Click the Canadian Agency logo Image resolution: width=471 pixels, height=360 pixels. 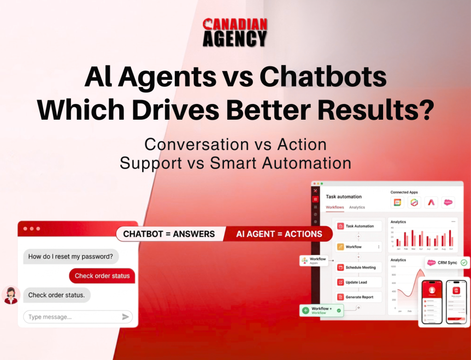(235, 32)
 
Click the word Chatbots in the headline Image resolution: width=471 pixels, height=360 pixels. (323, 78)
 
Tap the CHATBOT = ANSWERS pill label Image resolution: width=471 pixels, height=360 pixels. (169, 234)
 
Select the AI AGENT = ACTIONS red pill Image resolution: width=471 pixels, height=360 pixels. (279, 234)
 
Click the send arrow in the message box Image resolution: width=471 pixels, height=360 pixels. (125, 317)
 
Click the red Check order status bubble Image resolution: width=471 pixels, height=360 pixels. (102, 276)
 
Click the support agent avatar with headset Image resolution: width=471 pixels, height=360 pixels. (10, 295)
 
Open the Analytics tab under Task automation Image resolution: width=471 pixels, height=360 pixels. (357, 207)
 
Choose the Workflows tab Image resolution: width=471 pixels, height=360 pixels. (335, 207)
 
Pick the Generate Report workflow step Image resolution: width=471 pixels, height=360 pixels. (359, 297)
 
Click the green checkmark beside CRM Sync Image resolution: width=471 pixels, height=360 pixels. (464, 262)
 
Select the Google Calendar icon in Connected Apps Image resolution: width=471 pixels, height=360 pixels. (397, 202)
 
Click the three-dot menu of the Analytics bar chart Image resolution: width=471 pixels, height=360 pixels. (454, 221)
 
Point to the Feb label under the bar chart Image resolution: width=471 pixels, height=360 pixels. (405, 249)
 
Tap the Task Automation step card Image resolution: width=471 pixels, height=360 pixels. (359, 226)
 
